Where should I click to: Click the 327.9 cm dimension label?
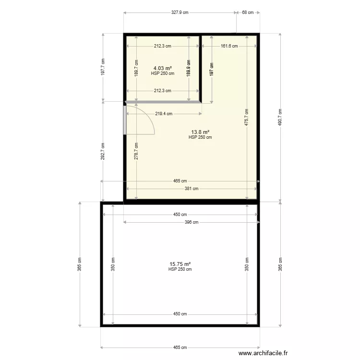[180, 13]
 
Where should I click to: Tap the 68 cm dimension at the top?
[248, 13]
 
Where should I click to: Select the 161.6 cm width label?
[229, 46]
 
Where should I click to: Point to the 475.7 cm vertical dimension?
[247, 117]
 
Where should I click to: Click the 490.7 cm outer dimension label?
[280, 117]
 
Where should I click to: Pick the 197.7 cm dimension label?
[103, 68]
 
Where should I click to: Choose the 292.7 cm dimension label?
[103, 152]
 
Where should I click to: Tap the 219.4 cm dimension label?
[164, 114]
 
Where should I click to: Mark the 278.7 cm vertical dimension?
[136, 152]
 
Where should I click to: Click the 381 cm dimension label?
[192, 189]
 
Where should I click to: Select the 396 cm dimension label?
[192, 222]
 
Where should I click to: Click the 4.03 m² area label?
[162, 68]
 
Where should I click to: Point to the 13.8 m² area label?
[200, 132]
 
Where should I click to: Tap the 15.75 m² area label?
[180, 264]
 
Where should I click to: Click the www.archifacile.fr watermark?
[264, 353]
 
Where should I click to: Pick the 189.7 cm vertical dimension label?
[136, 72]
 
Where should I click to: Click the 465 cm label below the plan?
[180, 348]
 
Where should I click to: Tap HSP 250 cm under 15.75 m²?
[180, 269]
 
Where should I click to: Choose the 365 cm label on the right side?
[280, 264]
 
